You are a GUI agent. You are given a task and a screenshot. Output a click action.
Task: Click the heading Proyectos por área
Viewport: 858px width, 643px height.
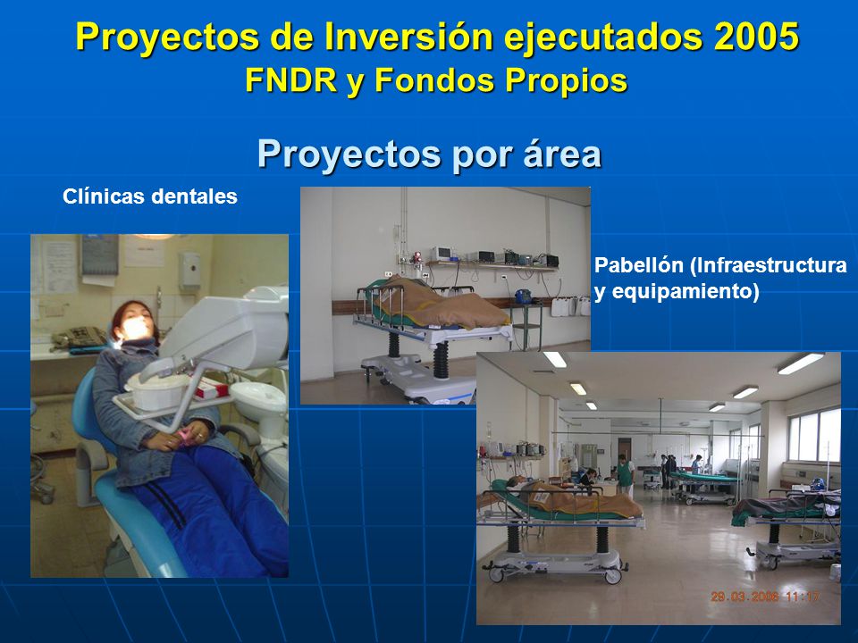tap(430, 154)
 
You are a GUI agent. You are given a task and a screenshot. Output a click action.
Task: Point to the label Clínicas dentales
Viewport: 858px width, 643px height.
tap(150, 196)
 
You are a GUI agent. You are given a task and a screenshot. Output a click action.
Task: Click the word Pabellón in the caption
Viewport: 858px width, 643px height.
tap(639, 265)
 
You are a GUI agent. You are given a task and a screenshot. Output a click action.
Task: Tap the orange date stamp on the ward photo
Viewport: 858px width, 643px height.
tap(765, 596)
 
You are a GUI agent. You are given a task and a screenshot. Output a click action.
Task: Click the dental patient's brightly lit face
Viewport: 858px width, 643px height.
tap(135, 326)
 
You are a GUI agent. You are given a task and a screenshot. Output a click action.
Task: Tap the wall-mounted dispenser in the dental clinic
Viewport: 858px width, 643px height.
tap(189, 270)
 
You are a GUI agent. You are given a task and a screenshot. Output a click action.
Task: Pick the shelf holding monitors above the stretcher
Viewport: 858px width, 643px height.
tap(492, 266)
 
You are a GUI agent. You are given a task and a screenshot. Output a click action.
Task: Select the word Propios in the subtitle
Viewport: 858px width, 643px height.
tap(566, 80)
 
